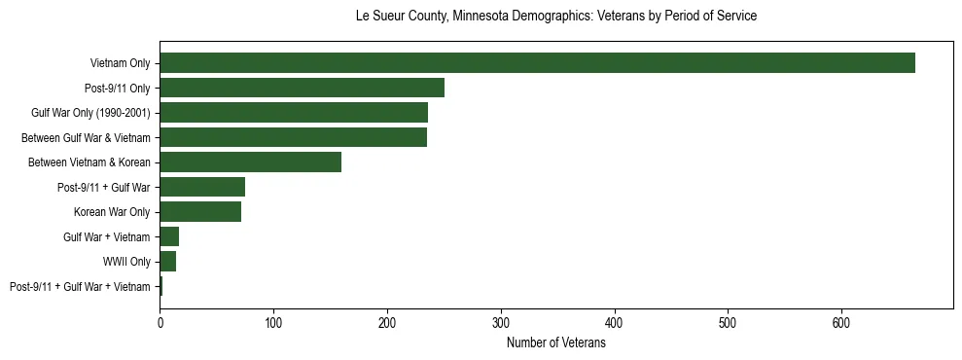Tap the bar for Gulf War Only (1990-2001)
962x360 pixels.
[x=294, y=113]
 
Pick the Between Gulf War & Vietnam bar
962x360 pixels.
[x=293, y=137]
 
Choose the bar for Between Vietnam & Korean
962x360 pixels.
[x=250, y=162]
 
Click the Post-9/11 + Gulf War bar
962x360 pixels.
[x=202, y=187]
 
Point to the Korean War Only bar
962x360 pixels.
[x=200, y=212]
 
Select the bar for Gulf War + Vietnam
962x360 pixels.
[x=169, y=236]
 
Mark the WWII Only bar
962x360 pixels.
[x=167, y=262]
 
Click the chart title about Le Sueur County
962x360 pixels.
[x=556, y=17]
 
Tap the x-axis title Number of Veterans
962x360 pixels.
[x=556, y=343]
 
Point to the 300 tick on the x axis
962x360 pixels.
[x=501, y=322]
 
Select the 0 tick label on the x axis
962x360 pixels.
[x=160, y=322]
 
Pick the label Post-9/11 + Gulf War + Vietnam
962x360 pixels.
[x=80, y=286]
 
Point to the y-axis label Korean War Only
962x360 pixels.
[x=112, y=212]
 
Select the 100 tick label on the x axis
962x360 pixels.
[x=273, y=322]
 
